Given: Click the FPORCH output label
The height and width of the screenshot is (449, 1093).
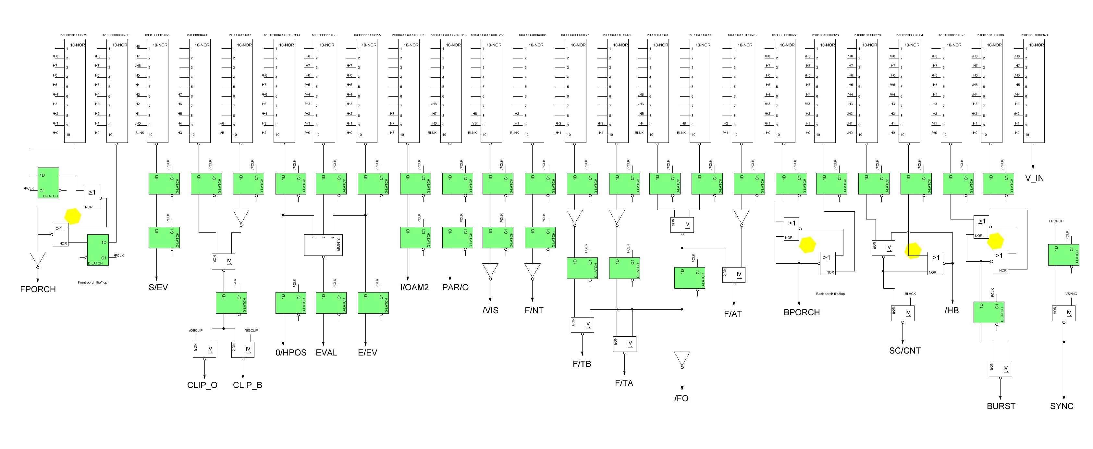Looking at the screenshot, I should tap(38, 289).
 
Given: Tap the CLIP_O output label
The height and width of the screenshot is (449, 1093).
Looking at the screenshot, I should tap(202, 385).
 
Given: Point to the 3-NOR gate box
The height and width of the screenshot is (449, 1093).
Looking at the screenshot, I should tap(323, 245).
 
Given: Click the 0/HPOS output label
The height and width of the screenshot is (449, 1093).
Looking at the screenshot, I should tap(291, 353).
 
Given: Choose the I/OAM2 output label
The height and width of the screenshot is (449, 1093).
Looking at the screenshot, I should tap(414, 287).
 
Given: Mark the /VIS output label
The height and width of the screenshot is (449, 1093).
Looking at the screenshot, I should tap(490, 310).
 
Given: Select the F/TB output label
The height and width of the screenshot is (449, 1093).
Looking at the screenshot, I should tap(582, 364).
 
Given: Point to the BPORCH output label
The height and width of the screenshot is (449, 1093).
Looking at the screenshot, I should tap(802, 312).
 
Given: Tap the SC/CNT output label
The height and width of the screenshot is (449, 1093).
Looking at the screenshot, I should tap(904, 351).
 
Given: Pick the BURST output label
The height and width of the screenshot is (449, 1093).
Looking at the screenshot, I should tap(1001, 406).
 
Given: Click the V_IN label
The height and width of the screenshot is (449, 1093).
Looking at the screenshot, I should tap(1035, 178).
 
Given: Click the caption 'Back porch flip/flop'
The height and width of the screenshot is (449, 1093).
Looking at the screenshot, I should tap(830, 294).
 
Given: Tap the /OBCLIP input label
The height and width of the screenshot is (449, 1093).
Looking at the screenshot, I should tap(196, 330).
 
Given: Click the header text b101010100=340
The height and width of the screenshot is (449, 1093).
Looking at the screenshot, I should tap(1034, 35).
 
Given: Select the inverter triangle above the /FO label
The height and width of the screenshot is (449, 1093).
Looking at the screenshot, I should tap(682, 359).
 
